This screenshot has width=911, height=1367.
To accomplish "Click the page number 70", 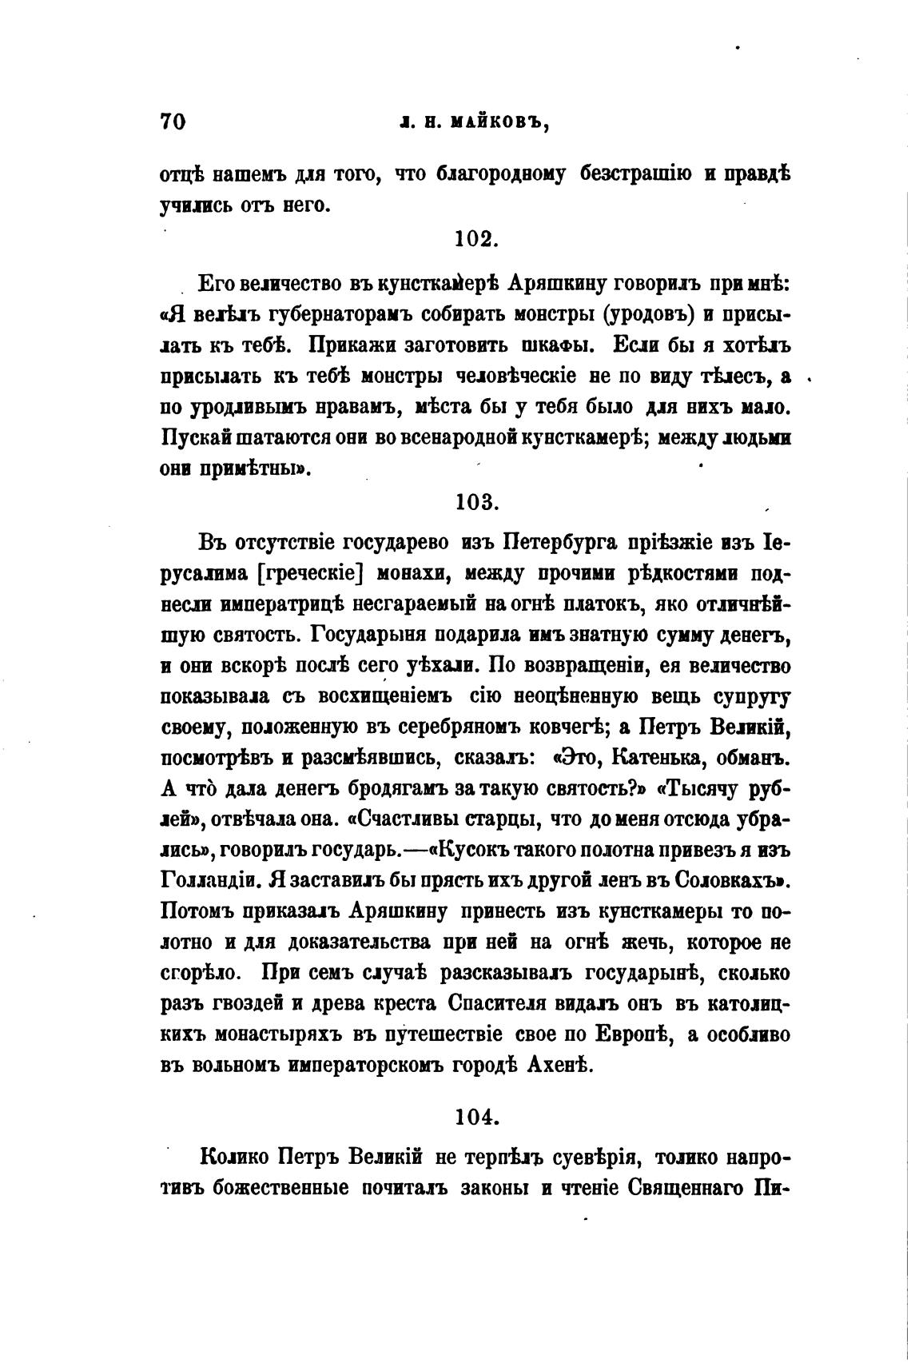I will (x=173, y=122).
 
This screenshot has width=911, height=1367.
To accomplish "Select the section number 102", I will (x=476, y=239).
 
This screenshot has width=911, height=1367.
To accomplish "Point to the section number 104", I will (x=476, y=1116).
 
